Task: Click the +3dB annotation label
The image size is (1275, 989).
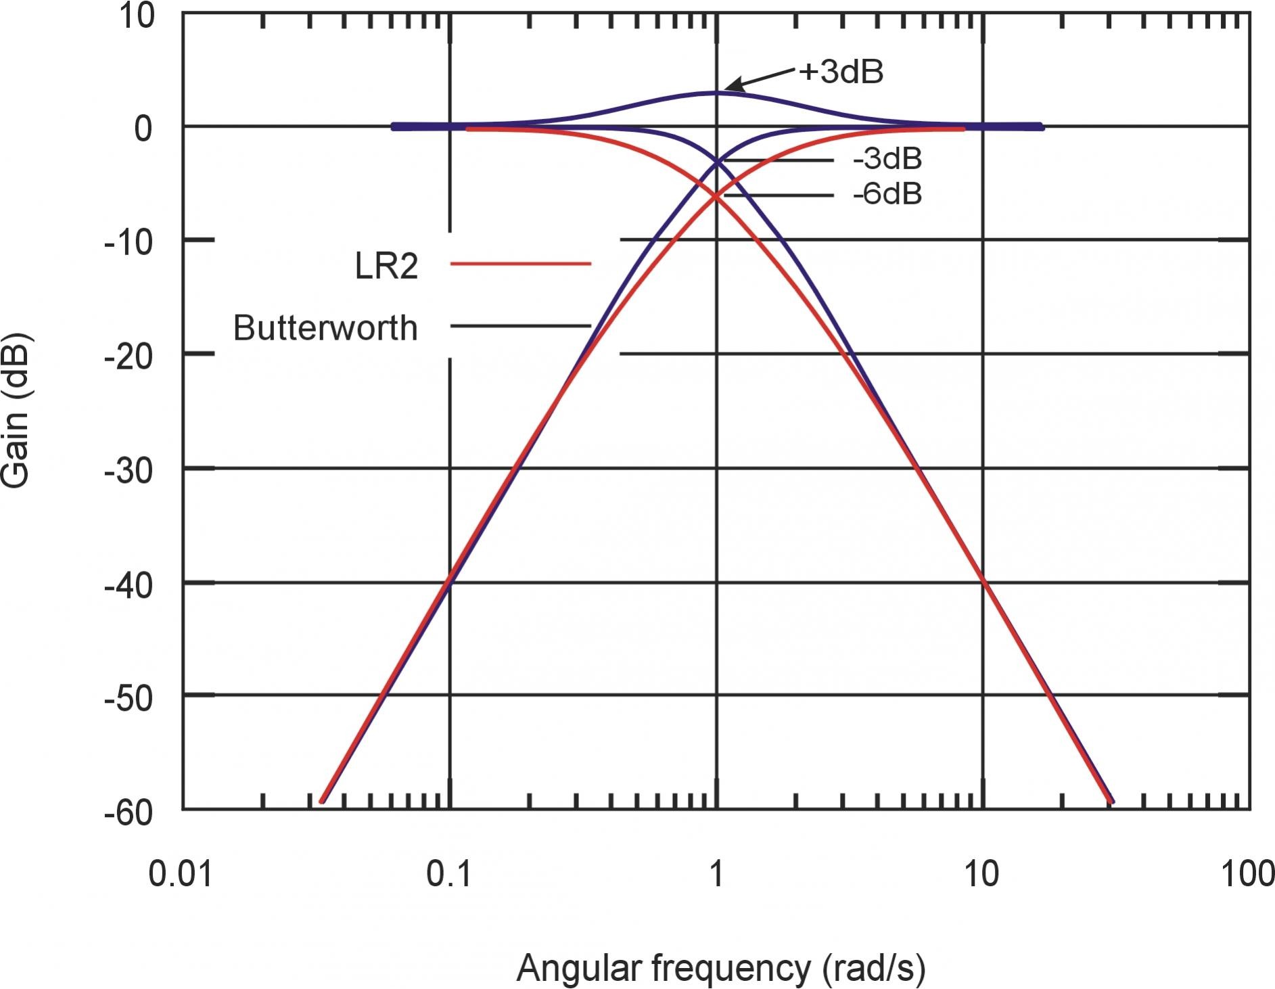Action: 841,72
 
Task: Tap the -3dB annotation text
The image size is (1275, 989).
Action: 887,160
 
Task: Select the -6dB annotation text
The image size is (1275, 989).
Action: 887,195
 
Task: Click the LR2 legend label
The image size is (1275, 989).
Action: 386,267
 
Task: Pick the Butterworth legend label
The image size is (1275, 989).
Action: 325,329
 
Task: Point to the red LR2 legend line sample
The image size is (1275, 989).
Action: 520,263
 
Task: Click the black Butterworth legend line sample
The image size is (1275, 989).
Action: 520,326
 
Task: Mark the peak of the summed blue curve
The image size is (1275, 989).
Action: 716,93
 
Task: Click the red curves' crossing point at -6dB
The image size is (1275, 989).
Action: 716,196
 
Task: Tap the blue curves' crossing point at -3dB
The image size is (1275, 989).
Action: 716,161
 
